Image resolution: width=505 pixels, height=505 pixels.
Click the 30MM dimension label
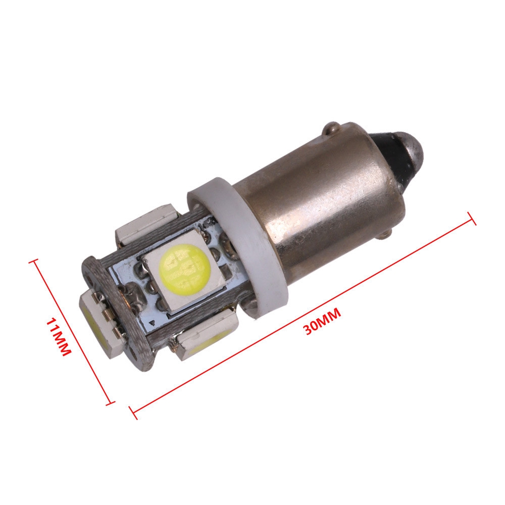[322, 321]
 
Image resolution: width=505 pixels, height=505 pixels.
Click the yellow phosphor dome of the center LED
[184, 266]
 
